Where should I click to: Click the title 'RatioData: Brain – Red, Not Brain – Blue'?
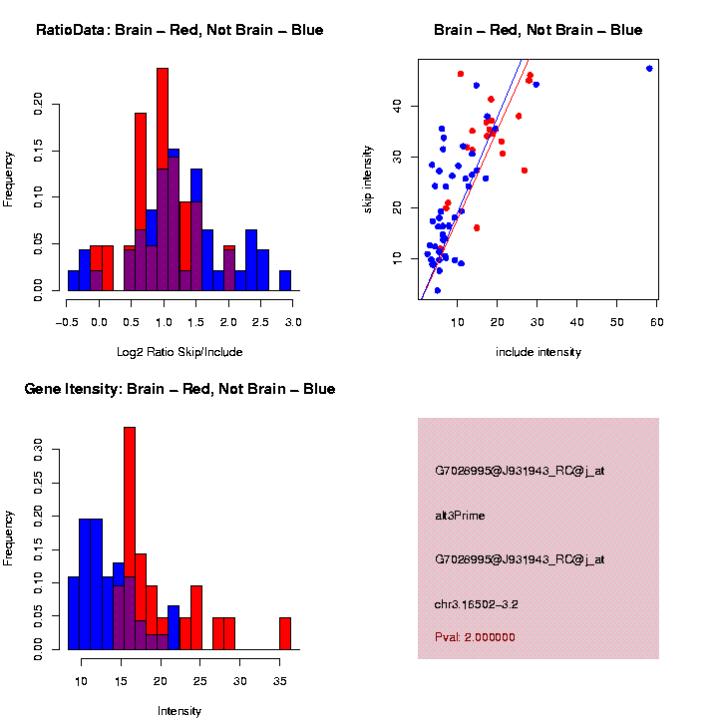tap(179, 30)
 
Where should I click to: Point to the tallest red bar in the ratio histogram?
tap(163, 179)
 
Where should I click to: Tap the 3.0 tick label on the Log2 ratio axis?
tap(293, 322)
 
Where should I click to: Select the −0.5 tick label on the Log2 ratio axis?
tap(67, 322)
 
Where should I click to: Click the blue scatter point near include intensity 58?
tap(649, 69)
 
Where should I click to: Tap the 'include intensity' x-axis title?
tap(538, 351)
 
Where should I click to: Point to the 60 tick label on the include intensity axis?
tap(656, 322)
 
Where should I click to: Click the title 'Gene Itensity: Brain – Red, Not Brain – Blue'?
tap(179, 389)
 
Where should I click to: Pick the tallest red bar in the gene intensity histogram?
tap(130, 538)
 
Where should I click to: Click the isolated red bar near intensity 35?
tap(285, 634)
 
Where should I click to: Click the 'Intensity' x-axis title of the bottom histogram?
tap(179, 711)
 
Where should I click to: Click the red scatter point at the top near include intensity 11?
tap(461, 74)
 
